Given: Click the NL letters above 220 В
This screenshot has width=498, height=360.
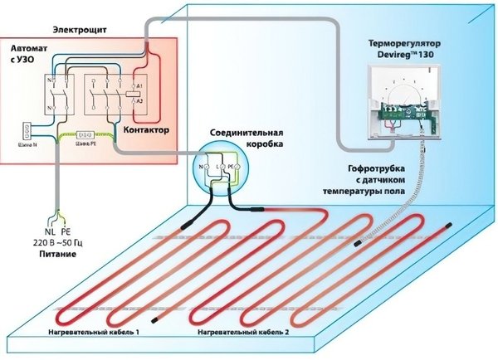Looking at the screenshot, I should (x=50, y=232).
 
